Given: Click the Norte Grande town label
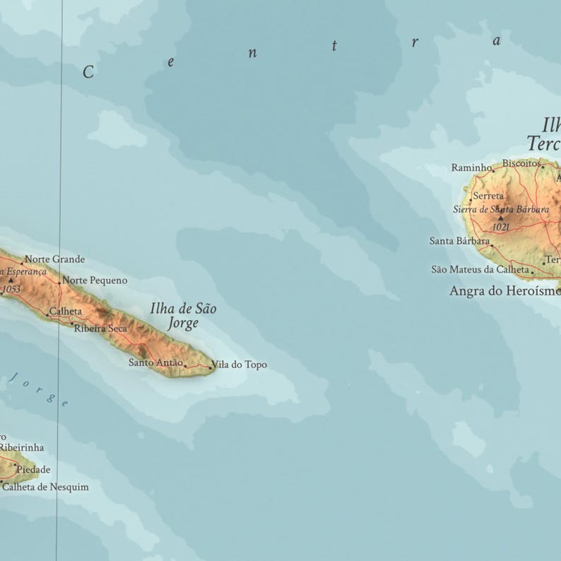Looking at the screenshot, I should coord(54,259).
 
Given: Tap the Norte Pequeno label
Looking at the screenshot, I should coord(95,280).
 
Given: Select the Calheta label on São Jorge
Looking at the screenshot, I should coord(66,312).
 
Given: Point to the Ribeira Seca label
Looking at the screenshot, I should coord(100,329).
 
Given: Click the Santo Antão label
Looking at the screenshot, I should coord(155,362).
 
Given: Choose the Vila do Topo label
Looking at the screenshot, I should coord(239,365).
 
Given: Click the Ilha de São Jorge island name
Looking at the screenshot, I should coord(183,316).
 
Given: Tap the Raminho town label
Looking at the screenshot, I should coord(471,167).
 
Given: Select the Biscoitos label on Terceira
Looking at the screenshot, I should coord(521,163).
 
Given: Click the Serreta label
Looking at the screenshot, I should coord(488,196).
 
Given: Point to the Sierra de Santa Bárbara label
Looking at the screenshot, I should coord(500,209).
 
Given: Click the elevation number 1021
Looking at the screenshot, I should coord(500,227).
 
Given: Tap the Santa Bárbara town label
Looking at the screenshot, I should coord(459,241).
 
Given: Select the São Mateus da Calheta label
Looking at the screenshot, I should coord(480,269).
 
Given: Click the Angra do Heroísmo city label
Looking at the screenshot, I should coord(503,290).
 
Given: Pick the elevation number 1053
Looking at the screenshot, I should coord(11,289).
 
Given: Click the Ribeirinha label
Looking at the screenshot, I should coord(21,447).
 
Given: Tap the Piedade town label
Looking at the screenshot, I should coord(33,469).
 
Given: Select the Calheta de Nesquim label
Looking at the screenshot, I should coord(45,487).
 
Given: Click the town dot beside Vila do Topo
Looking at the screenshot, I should coord(210,367).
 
